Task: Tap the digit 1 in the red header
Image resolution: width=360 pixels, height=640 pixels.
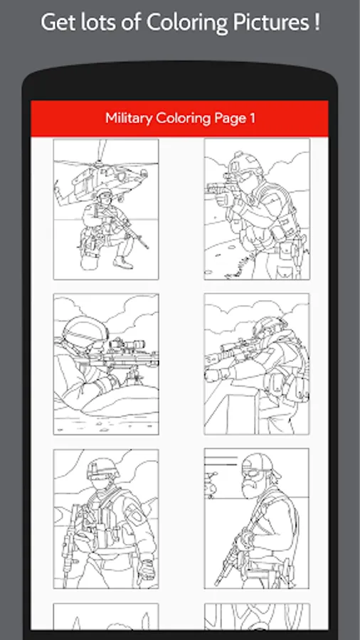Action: click(253, 118)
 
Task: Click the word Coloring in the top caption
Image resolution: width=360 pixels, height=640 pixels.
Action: click(187, 23)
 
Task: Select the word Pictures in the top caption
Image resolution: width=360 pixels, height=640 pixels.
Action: click(271, 22)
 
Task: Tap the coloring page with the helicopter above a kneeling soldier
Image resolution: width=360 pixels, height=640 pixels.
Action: click(106, 209)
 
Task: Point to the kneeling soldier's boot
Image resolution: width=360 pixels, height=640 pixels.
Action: click(123, 262)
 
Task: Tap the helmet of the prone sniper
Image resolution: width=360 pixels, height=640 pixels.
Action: click(85, 331)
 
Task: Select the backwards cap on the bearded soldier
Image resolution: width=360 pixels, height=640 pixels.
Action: click(260, 464)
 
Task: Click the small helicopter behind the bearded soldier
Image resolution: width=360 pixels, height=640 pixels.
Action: click(211, 484)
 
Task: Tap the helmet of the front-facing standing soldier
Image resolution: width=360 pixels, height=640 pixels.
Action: click(103, 468)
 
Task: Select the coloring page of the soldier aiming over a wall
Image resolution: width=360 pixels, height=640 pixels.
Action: click(257, 363)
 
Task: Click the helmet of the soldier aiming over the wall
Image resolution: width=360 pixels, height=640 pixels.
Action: click(270, 326)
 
